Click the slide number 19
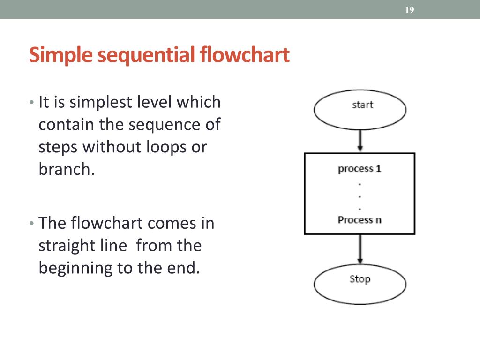409,10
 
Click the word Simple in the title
61,55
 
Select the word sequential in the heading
146,55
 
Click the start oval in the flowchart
360,110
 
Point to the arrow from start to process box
360,141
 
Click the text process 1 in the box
360,168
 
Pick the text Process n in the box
360,219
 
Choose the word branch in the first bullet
65,169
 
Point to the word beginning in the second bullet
72,268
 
